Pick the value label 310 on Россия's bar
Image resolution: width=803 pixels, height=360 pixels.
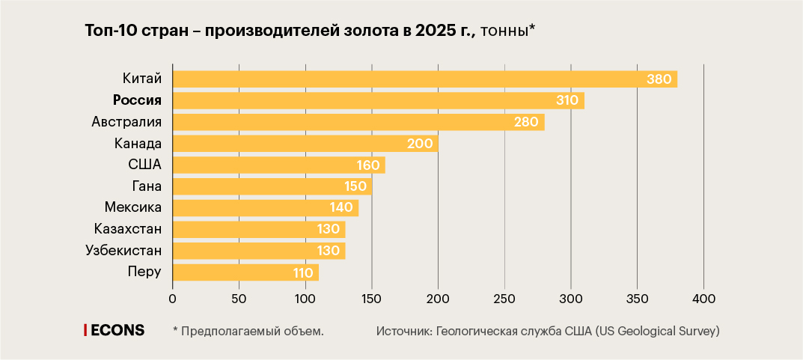pos(567,100)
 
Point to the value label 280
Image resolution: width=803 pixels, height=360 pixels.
pos(527,122)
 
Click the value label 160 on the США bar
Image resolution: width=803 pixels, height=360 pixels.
pos(369,165)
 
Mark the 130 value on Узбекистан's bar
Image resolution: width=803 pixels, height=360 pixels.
pos(329,251)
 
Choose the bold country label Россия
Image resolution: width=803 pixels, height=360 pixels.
pos(137,100)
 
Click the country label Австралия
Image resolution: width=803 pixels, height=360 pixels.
pos(126,121)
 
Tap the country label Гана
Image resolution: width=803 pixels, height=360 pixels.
pos(147,186)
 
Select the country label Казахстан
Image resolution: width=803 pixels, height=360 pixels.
pos(128,228)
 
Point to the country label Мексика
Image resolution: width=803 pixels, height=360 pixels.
pos(133,207)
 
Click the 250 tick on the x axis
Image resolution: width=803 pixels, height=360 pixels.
pos(505,299)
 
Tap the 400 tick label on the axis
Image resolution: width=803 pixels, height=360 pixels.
pos(703,299)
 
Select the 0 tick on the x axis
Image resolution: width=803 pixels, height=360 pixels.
pos(173,299)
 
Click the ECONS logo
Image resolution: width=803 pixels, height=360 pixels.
pos(115,330)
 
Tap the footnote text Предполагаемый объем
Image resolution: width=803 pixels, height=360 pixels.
pos(252,331)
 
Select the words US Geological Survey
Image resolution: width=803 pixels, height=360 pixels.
pos(659,331)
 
